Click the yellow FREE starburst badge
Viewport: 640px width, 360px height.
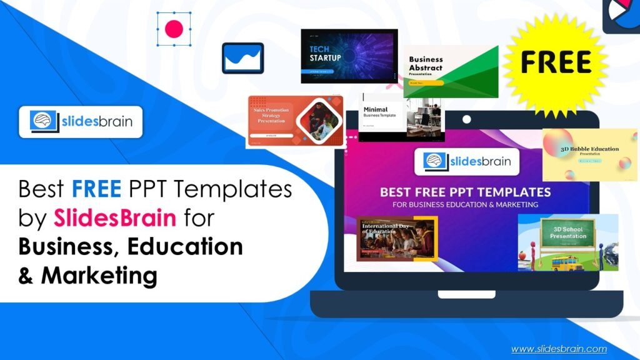(556, 62)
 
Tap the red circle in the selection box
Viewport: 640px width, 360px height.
(174, 28)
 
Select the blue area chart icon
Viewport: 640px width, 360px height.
(242, 58)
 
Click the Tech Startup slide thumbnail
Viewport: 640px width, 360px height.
(349, 56)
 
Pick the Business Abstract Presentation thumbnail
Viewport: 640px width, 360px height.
(450, 72)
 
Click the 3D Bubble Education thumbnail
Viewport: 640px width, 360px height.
(589, 154)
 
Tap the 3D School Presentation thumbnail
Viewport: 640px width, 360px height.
(567, 243)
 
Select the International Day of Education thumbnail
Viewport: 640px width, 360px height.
(396, 238)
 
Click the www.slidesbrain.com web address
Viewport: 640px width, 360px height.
(559, 349)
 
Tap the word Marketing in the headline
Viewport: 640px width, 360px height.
(99, 275)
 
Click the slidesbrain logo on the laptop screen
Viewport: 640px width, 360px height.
(466, 162)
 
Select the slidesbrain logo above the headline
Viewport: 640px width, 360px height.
(81, 121)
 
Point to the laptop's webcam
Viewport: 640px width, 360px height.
(466, 119)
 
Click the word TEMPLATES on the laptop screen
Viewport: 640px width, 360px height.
(512, 192)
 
